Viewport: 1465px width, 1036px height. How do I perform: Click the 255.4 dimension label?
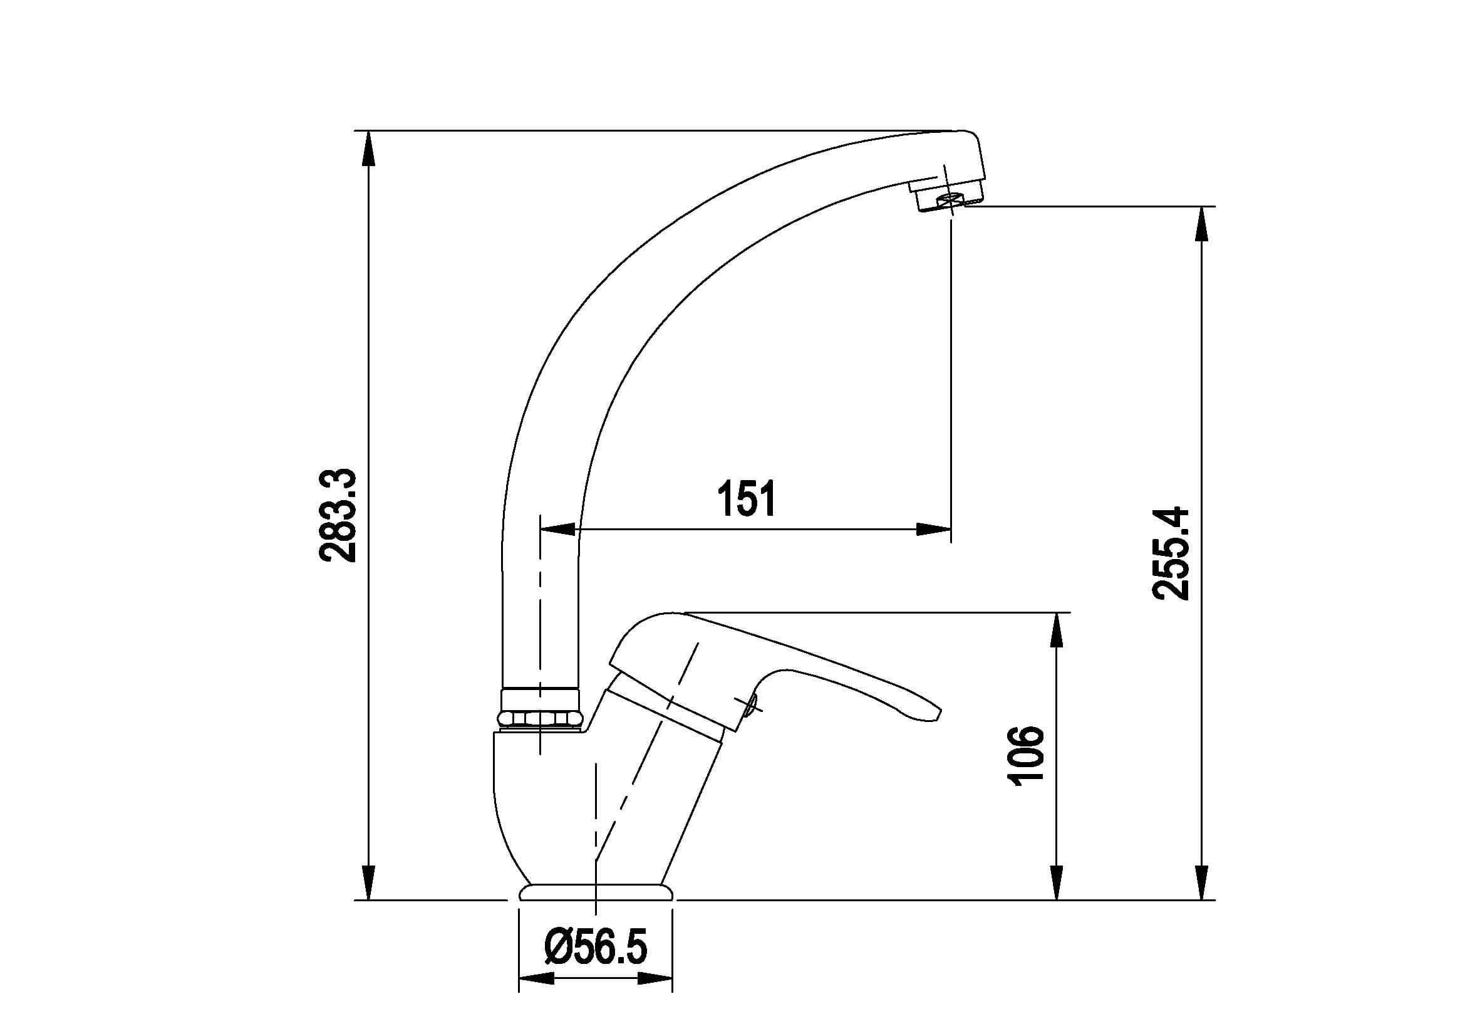(x=1170, y=553)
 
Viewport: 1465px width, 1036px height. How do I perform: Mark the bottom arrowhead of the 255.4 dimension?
(x=1202, y=882)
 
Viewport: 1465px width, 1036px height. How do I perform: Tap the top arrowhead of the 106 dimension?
(x=1057, y=630)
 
